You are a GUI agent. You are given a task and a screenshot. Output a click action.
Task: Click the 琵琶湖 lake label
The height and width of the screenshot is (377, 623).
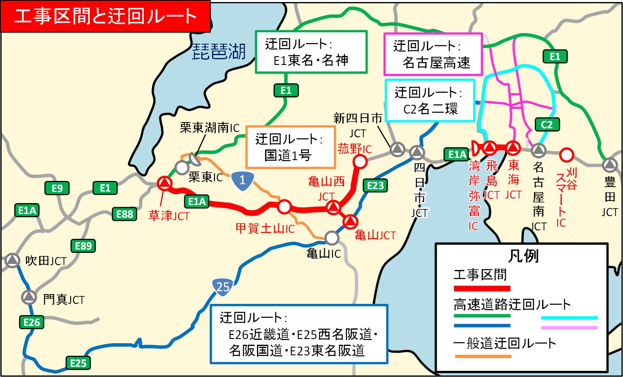(x=219, y=52)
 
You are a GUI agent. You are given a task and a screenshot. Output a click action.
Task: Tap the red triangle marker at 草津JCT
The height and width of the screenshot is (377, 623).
(x=165, y=183)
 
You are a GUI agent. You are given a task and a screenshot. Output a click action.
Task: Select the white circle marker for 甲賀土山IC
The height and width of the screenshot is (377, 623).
(x=284, y=207)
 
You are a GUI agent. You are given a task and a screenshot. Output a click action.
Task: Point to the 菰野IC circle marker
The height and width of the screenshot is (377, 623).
(x=360, y=162)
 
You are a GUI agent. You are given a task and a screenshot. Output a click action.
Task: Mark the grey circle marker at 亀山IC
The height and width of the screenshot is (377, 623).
(x=332, y=237)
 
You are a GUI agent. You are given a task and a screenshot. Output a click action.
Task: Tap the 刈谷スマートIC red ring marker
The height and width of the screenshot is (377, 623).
(x=566, y=155)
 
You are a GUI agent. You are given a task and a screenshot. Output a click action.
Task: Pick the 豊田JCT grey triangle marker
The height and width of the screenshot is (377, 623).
(x=610, y=165)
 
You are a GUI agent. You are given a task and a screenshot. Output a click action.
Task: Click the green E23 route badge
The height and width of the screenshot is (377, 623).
(x=375, y=186)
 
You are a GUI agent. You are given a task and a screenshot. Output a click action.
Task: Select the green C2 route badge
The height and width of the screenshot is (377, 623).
(x=547, y=125)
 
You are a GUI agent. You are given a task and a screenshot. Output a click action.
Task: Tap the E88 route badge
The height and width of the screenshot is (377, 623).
(x=125, y=214)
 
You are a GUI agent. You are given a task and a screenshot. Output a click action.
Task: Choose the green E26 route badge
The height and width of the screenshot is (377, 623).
(x=31, y=322)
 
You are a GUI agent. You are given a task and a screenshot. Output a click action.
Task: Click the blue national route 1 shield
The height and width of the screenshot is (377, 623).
(x=242, y=180)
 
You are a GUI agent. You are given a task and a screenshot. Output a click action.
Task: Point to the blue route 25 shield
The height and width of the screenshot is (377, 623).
(x=223, y=287)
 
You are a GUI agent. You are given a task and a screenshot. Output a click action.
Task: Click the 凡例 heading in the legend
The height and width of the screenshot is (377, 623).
(x=523, y=256)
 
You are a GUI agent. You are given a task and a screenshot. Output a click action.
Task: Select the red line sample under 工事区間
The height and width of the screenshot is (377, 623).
(x=482, y=288)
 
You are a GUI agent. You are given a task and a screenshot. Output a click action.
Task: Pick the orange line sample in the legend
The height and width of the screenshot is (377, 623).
(x=483, y=356)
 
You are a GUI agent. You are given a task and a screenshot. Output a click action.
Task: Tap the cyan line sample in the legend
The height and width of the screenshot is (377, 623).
(x=569, y=318)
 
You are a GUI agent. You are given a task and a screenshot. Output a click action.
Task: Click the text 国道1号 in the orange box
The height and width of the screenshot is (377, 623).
(x=288, y=155)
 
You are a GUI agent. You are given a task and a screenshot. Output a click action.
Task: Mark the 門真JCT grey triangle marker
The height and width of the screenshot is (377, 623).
(x=29, y=297)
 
